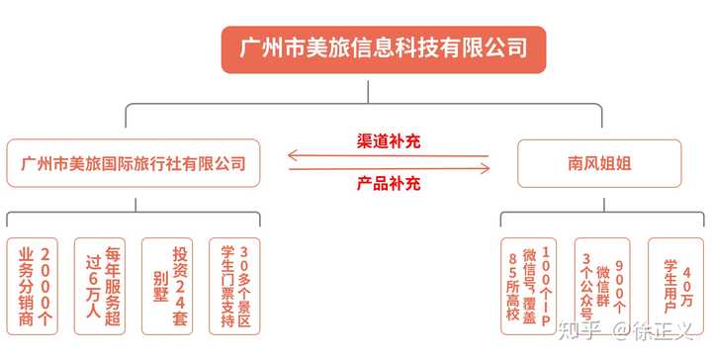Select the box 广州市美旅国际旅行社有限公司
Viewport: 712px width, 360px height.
point(133,163)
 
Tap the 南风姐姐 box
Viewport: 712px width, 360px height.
point(600,163)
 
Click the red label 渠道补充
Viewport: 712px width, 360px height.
point(388,141)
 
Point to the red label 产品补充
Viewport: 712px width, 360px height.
point(388,183)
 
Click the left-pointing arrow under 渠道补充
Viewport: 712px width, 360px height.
point(388,155)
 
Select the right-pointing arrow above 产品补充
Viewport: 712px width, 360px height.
point(388,168)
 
